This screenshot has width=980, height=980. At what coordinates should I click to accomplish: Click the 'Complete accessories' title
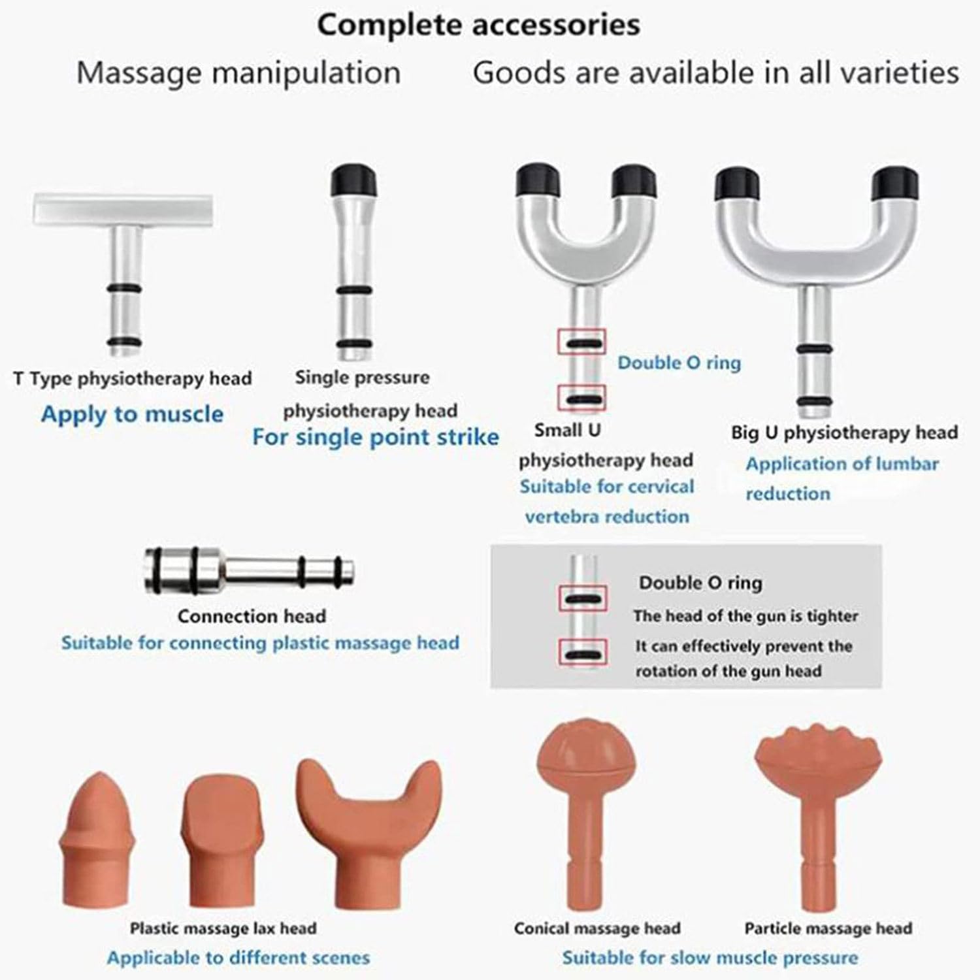click(478, 25)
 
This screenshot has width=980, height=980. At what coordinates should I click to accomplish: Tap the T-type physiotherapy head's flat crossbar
click(123, 210)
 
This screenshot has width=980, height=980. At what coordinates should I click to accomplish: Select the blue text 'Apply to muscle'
click(132, 414)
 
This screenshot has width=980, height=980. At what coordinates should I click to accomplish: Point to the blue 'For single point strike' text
click(376, 436)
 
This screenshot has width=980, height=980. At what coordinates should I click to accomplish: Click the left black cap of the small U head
click(538, 182)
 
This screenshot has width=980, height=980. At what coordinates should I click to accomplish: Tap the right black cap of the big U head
click(896, 184)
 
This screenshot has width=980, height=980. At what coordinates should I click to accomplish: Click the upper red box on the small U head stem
click(581, 342)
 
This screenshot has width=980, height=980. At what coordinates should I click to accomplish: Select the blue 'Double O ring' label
click(679, 363)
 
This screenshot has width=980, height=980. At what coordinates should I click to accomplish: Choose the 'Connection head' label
click(252, 616)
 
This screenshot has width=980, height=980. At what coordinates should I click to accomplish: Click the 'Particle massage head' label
click(828, 928)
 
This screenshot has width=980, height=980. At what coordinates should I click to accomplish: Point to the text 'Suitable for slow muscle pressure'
click(710, 958)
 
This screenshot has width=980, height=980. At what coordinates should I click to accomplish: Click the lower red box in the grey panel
click(582, 652)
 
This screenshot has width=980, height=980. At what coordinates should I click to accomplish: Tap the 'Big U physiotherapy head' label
click(844, 433)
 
